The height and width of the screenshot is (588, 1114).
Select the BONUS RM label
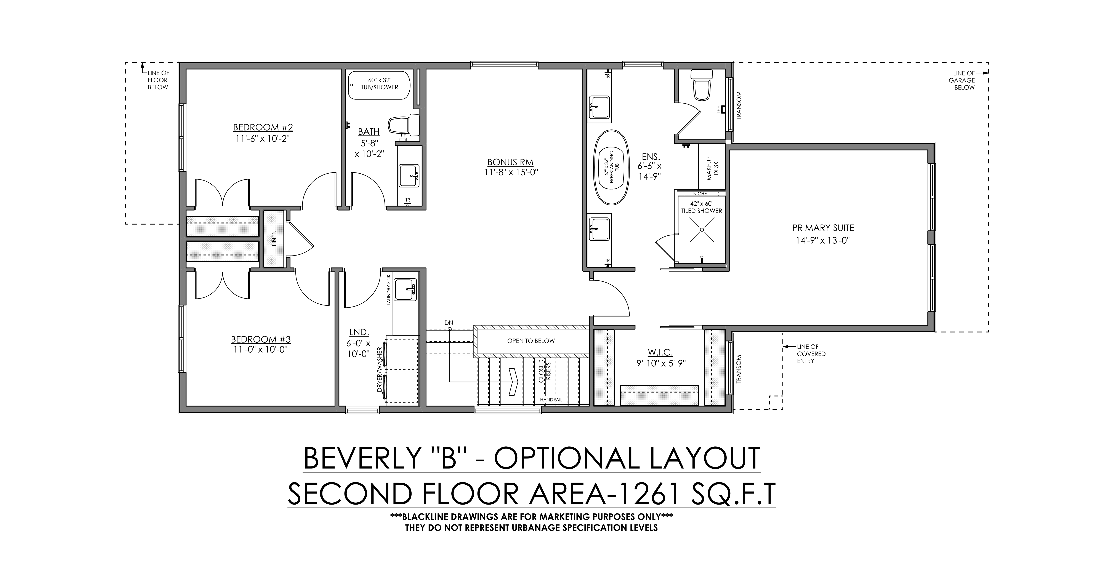[510, 162]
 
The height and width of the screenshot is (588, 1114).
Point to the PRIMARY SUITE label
[823, 228]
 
